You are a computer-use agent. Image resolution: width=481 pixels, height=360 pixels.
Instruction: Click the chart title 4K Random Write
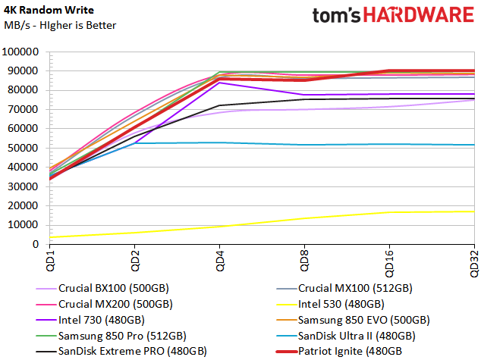pos(49,10)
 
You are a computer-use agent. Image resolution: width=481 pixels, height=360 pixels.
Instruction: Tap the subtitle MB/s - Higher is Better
pos(60,25)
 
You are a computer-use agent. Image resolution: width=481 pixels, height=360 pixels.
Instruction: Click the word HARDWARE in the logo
pos(419,14)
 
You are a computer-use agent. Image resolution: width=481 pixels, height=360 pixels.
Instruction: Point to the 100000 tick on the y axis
pos(20,52)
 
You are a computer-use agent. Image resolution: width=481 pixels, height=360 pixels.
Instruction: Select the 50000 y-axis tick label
pos(24,148)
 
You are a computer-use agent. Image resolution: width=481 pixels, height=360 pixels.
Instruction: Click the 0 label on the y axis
pos(36,244)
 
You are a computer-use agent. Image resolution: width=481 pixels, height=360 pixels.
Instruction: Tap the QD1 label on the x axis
pos(50,261)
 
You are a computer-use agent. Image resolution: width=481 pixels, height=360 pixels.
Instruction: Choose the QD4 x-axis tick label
pos(220,261)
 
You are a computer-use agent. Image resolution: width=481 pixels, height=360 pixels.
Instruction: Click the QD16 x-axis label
pos(389,264)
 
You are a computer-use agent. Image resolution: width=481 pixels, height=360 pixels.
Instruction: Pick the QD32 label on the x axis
pos(475,264)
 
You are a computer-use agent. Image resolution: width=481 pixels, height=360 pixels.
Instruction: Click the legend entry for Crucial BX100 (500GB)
pos(102,288)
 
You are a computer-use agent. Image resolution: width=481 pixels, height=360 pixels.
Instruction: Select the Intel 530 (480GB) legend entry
pos(330,304)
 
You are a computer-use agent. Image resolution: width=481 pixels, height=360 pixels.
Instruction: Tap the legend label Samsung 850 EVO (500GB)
pos(353,320)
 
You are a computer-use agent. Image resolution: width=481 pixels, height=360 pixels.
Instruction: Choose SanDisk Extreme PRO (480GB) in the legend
pos(121,352)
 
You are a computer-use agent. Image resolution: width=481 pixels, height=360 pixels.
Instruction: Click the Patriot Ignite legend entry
pos(339,352)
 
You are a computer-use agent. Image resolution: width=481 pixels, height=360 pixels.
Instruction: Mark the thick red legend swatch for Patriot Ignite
pos(287,352)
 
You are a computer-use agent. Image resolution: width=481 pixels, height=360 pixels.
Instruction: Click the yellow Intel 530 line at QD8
pos(305,218)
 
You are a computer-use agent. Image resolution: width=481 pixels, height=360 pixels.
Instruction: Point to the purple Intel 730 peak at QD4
pos(220,83)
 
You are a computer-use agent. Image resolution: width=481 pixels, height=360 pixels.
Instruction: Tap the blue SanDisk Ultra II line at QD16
pos(390,144)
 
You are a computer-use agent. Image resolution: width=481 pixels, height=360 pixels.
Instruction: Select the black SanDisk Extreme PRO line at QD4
pos(220,105)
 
